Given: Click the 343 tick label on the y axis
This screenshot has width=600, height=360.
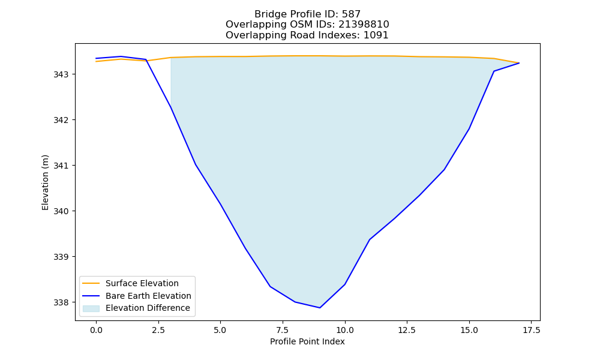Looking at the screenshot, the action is pos(60,74).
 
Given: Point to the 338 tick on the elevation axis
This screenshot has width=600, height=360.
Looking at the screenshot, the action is pos(60,302).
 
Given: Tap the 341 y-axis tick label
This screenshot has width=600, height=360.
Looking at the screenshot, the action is pos(60,166).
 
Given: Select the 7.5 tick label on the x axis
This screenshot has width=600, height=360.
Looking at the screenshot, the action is pos(283,330).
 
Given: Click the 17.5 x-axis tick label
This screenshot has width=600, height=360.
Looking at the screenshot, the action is pos(532,330).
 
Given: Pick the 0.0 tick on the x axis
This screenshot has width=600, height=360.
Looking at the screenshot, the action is pos(96,330).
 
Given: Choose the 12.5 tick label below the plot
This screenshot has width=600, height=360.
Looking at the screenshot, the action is pos(407,330).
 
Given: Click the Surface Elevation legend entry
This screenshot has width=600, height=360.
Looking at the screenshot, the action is pos(142,283).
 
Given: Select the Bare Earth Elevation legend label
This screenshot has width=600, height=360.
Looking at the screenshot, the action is pos(148,296).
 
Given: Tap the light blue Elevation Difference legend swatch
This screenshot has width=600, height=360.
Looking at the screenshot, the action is pos(91,308).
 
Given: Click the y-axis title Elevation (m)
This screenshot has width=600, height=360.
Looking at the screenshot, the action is pos(45,182).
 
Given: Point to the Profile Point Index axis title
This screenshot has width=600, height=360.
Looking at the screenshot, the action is pos(307,341).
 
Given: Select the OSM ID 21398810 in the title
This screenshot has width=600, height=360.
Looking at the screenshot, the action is pos(364,25).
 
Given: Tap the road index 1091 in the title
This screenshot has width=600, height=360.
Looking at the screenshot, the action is pos(376,35).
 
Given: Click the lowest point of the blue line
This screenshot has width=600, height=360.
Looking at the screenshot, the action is pos(320,308).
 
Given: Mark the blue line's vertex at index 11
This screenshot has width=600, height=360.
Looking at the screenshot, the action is pos(370,239).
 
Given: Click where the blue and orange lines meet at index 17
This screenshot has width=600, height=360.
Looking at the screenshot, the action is pos(519,63).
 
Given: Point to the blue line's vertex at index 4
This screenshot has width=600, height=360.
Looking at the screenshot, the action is pos(196,164).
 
